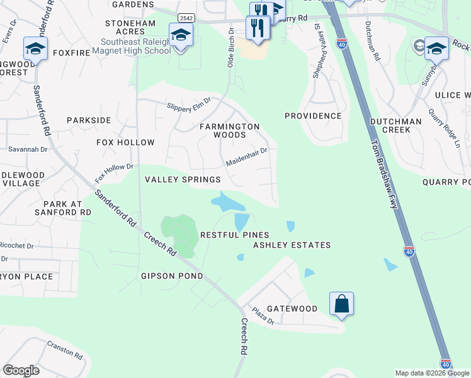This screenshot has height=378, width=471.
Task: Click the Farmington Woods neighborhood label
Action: pos(230,130)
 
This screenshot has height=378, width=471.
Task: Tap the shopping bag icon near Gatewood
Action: pos(341,304)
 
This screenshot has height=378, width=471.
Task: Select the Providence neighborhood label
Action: pos(313,116)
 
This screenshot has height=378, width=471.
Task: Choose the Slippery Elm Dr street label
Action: pos(188,103)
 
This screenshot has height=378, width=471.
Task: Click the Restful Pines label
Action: pos(225,234)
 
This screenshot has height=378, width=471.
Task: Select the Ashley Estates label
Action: pos(292,245)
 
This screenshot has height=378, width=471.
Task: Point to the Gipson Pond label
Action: pos(172,276)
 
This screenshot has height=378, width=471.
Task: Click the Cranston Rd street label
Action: pos(64,351)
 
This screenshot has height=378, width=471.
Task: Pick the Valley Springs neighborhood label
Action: pos(174,180)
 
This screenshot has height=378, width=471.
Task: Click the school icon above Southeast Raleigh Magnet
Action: pos(181,35)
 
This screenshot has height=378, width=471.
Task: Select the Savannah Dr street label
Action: pos(28,149)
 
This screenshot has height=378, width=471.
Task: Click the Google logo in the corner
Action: pos(21,370)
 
